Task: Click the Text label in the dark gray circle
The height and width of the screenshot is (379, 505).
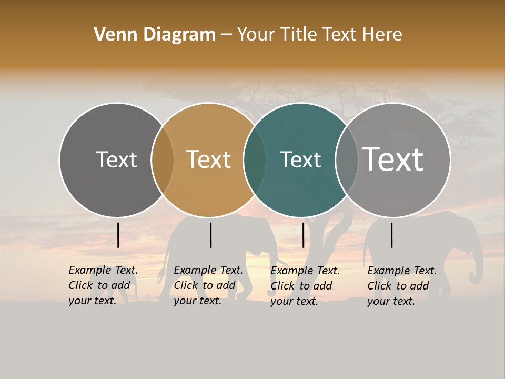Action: [x=116, y=159]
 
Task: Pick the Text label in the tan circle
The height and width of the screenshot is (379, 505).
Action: [x=208, y=159]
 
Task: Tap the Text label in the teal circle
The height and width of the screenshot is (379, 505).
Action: [x=300, y=159]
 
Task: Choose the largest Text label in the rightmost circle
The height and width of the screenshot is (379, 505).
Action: [x=392, y=159]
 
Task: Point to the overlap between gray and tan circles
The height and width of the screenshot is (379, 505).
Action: [x=163, y=159]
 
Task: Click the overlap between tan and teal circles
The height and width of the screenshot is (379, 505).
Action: [x=255, y=159]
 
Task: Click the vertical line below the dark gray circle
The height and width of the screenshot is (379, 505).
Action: [x=118, y=235]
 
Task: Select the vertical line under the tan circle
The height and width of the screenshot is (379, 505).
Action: [x=210, y=235]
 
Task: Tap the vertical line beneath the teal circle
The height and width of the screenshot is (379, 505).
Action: [x=303, y=235]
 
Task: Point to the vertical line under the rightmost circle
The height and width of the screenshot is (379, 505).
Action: [x=391, y=235]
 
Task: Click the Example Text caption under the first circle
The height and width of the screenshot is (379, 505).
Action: [x=103, y=285]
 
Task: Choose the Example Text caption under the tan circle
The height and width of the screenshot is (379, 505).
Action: [x=208, y=285]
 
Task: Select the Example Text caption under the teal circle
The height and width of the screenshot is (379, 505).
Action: [x=305, y=286]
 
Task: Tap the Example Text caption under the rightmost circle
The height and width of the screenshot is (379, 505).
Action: [x=401, y=286]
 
